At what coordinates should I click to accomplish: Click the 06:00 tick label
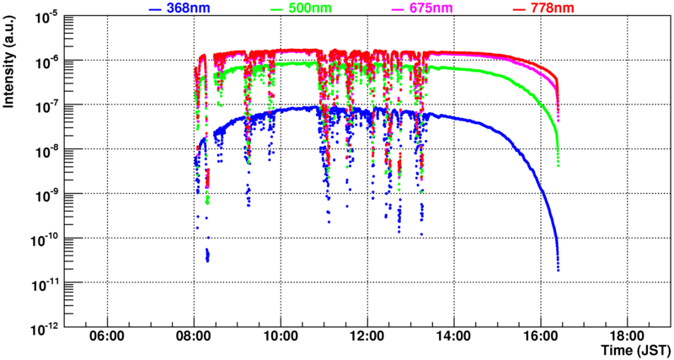pos(108,336)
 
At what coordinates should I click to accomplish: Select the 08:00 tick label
pos(195,336)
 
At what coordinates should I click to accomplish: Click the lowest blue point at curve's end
pos(559,270)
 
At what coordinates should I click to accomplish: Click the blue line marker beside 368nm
pos(155,8)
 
